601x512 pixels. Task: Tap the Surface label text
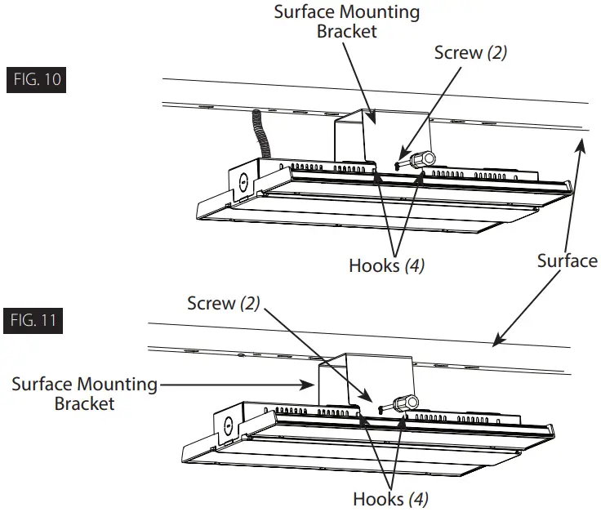point(567,260)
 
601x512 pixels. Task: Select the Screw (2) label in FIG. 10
point(470,52)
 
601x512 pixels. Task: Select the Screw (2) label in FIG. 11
point(223,303)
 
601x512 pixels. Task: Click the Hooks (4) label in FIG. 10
point(386,265)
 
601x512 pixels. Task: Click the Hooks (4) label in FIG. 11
point(390,498)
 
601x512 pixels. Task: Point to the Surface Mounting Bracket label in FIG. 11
point(84,393)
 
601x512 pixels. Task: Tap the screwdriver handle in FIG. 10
point(422,159)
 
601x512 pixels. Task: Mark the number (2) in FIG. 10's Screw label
point(497,52)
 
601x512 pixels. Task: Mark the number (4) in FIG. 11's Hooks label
point(417,498)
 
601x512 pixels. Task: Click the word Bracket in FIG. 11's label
point(84,403)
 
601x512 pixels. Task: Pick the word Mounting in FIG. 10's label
point(383,13)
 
